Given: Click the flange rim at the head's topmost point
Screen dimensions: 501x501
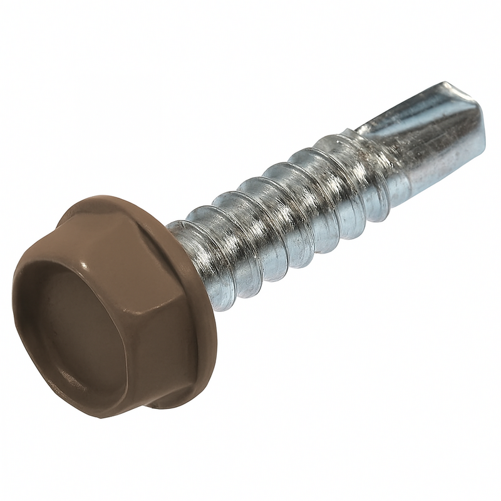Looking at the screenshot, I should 100,199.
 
